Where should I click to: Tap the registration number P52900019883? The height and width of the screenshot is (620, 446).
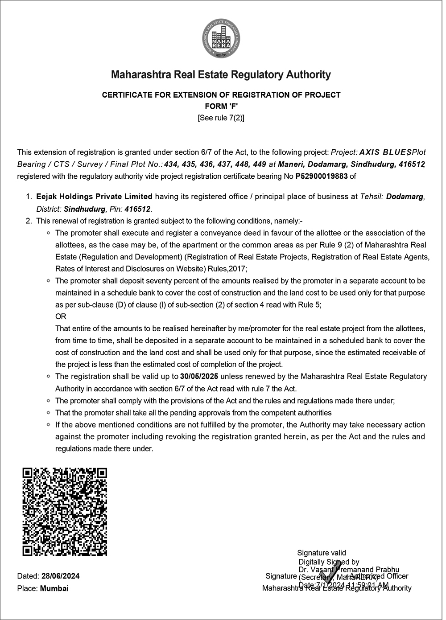[x=321, y=176]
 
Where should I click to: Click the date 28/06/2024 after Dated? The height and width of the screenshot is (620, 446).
[x=60, y=576]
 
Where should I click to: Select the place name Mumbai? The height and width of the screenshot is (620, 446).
[x=54, y=588]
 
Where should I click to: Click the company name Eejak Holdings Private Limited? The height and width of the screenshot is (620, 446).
[x=95, y=197]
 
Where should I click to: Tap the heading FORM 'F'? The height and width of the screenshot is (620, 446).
[x=221, y=107]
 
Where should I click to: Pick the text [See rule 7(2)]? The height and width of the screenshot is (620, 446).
[x=221, y=118]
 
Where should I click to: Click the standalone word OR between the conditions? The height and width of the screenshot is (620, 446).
[x=61, y=316]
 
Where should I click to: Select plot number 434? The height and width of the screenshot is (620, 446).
[x=171, y=164]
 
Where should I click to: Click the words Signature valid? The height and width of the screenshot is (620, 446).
[x=322, y=553]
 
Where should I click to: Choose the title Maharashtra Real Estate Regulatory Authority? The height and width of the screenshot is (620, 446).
[x=221, y=74]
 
